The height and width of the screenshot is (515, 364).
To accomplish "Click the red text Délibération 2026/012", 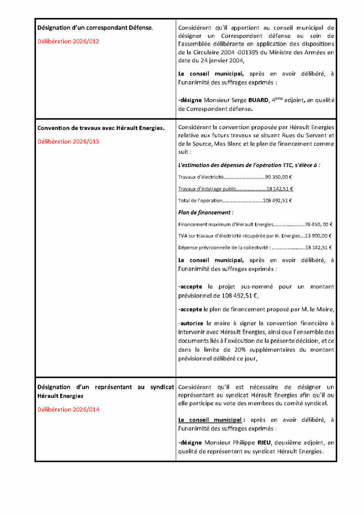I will click(68, 42).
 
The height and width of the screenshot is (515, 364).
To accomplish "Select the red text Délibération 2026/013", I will click(68, 141).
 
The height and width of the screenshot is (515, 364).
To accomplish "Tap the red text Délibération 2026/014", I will click(68, 409).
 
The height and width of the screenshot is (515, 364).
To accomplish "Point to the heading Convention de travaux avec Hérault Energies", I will click(101, 127).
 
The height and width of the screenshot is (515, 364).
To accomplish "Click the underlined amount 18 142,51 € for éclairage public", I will click(280, 188).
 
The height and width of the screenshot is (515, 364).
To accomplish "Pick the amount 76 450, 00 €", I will click(319, 224).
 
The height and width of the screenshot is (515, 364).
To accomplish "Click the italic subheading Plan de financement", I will click(205, 212).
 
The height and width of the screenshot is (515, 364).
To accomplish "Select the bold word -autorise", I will click(191, 323).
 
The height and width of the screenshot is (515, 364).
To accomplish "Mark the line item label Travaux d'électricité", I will click(200, 176).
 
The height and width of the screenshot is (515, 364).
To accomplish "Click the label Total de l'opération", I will click(200, 200).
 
